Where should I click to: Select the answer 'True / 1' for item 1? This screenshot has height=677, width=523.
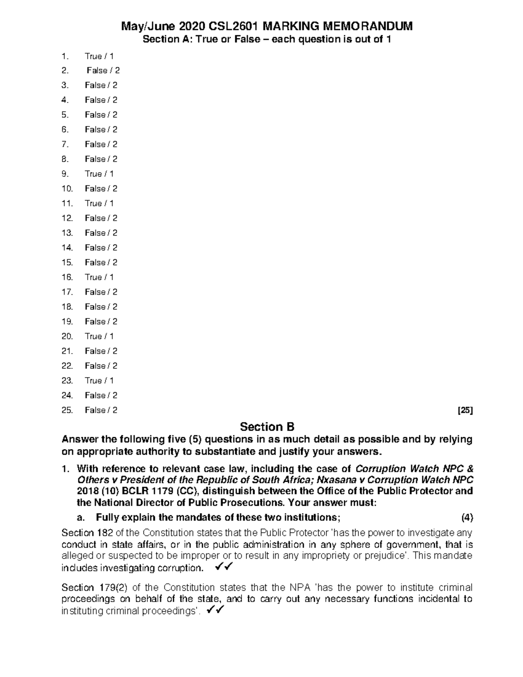tap(99, 56)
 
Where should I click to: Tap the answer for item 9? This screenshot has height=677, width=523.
tap(99, 174)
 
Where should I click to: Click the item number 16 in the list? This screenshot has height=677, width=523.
tap(67, 277)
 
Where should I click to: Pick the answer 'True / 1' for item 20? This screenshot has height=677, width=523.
tap(99, 336)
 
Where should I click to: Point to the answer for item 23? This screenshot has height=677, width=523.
tap(99, 381)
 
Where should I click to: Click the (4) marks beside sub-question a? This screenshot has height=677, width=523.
tap(467, 518)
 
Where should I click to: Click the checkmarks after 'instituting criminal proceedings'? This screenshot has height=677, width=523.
tap(215, 611)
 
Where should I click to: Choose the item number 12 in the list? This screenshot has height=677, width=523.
tap(67, 218)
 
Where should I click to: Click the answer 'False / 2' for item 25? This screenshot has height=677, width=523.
tap(101, 410)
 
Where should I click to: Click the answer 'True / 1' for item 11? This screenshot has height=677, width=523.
tap(99, 203)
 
